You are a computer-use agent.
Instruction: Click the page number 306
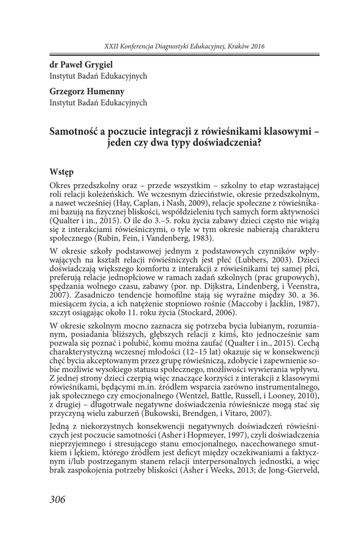pyautogui.click(x=58, y=500)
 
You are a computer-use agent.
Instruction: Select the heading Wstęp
pyautogui.click(x=61, y=172)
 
